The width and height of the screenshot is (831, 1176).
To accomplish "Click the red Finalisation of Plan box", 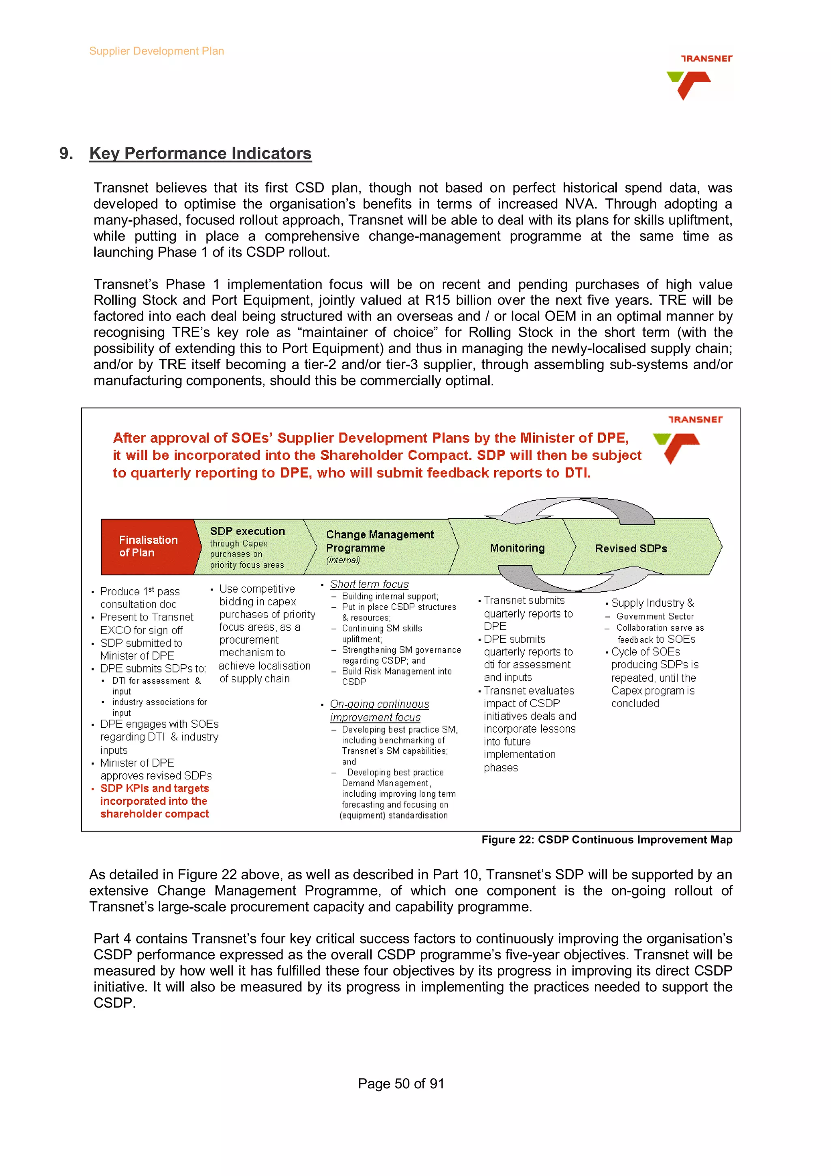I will pyautogui.click(x=148, y=547).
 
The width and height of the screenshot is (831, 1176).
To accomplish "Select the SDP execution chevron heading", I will pyautogui.click(x=247, y=531).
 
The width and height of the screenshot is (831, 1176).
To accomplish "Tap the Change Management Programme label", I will pyautogui.click(x=379, y=541).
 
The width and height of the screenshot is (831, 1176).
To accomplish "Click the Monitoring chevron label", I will pyautogui.click(x=517, y=548).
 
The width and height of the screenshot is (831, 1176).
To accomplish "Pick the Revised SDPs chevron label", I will pyautogui.click(x=631, y=549).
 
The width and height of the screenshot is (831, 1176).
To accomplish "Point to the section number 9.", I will pyautogui.click(x=66, y=153).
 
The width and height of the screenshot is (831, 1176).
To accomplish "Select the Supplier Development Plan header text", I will pyautogui.click(x=156, y=51).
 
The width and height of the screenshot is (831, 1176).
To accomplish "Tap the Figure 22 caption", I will pyautogui.click(x=606, y=840).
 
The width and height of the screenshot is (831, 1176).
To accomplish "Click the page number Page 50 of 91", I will pyautogui.click(x=401, y=1083).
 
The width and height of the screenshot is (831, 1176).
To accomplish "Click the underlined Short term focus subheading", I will pyautogui.click(x=369, y=584).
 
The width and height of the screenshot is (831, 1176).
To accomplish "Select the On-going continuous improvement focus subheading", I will pyautogui.click(x=379, y=711).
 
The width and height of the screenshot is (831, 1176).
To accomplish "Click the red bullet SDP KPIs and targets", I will pyautogui.click(x=154, y=801).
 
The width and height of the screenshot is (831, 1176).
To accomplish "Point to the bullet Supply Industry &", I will pyautogui.click(x=652, y=603).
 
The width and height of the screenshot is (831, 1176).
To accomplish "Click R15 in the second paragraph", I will pyautogui.click(x=437, y=300).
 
